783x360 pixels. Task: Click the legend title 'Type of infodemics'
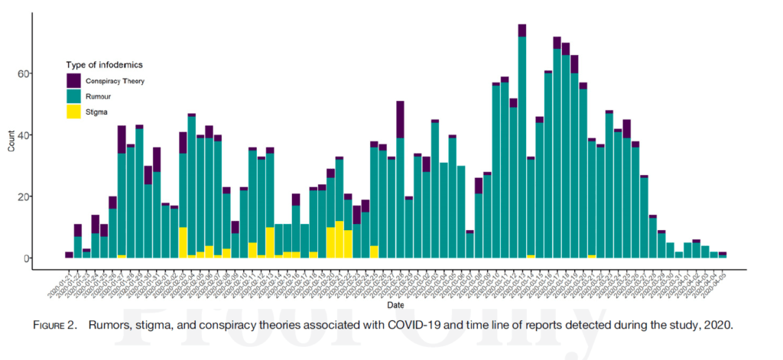104,65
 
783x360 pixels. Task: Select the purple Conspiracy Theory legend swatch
75,80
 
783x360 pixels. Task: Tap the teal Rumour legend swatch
75,96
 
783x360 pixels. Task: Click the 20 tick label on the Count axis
46,196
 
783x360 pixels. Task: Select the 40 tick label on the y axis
46,135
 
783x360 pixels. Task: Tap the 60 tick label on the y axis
46,74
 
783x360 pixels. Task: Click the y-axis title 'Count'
11,142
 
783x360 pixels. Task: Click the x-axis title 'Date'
396,304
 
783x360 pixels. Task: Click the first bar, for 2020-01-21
70,255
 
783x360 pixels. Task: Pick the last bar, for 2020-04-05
723,255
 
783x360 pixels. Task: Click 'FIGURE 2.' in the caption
55,325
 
